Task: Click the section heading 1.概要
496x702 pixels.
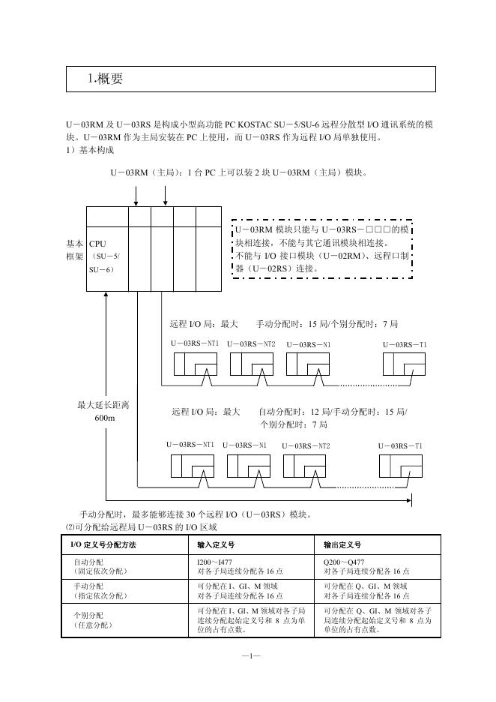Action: tap(106, 79)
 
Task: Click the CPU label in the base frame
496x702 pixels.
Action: tap(97, 244)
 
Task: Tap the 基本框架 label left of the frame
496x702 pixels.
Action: tap(75, 250)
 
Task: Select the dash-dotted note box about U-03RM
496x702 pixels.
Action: tap(321, 249)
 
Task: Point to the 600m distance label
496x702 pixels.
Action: tap(105, 418)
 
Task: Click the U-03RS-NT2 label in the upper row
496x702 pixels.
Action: tap(251, 344)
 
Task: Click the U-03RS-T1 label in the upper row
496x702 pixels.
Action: tap(405, 344)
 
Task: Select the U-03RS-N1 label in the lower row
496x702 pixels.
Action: tap(244, 445)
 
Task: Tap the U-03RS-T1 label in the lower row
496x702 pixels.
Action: tap(400, 445)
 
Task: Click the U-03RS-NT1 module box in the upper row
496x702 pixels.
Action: tap(195, 364)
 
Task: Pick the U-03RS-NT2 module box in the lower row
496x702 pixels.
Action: tap(305, 466)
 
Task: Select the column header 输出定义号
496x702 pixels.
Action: tap(342, 544)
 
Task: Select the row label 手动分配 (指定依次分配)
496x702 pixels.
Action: tap(100, 590)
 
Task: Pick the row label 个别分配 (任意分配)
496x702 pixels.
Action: tap(93, 619)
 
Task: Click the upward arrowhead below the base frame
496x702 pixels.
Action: tap(106, 295)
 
